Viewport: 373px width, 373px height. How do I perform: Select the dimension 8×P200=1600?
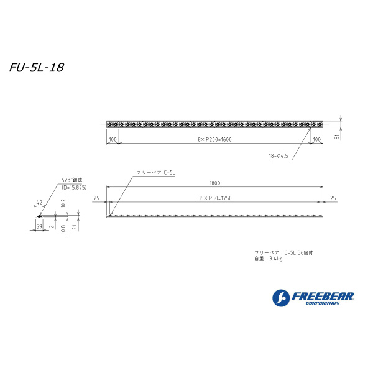(x=214, y=140)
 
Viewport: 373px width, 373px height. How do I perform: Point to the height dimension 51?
(x=336, y=136)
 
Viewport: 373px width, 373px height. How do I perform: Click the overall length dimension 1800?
(x=214, y=183)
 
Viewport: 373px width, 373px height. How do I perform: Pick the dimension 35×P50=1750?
(x=214, y=198)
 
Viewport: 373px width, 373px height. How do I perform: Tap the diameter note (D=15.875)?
(x=74, y=186)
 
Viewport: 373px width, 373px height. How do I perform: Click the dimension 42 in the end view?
(x=39, y=203)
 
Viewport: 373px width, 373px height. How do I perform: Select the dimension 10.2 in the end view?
(x=64, y=203)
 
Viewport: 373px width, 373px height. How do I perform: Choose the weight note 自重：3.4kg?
(x=268, y=259)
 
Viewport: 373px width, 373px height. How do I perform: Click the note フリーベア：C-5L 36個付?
(x=279, y=252)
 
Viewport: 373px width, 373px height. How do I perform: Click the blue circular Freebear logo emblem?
(x=280, y=297)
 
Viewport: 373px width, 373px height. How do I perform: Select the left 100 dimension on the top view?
(x=113, y=140)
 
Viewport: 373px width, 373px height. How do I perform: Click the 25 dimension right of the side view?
(x=333, y=198)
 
